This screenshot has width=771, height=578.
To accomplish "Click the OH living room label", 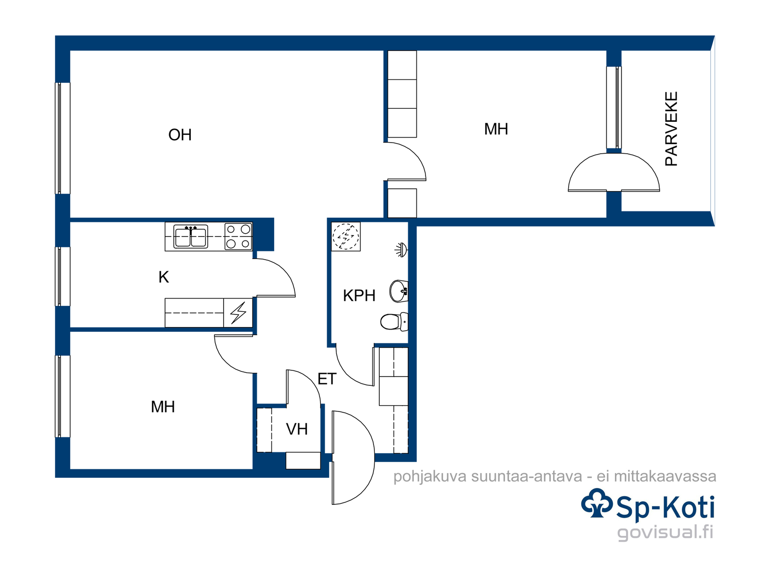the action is click(x=180, y=135).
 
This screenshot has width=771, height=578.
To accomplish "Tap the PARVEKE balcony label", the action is click(x=671, y=129).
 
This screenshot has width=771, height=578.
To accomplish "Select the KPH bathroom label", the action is click(x=359, y=295).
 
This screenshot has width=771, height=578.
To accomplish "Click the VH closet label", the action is click(x=297, y=429).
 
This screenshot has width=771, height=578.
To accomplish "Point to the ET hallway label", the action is click(x=327, y=379).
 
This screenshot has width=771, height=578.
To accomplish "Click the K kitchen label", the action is click(x=164, y=277).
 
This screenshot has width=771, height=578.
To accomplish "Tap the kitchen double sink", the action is click(x=191, y=236).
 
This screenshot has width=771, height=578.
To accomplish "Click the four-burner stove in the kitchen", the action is click(x=239, y=236).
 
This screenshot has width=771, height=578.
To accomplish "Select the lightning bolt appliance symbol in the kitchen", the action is click(x=238, y=313).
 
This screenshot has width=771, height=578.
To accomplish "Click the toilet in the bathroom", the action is click(x=394, y=321).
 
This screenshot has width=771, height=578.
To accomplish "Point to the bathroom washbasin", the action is click(x=399, y=291).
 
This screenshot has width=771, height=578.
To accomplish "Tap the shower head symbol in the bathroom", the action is click(x=401, y=250).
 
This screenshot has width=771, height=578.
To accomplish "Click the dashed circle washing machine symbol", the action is click(x=346, y=236).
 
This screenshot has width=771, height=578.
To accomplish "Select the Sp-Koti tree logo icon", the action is click(x=597, y=503).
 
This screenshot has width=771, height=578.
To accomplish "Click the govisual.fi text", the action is click(x=665, y=532).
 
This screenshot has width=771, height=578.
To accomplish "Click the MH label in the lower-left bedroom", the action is click(x=162, y=407).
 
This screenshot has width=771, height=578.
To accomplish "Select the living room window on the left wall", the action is click(x=63, y=138).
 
